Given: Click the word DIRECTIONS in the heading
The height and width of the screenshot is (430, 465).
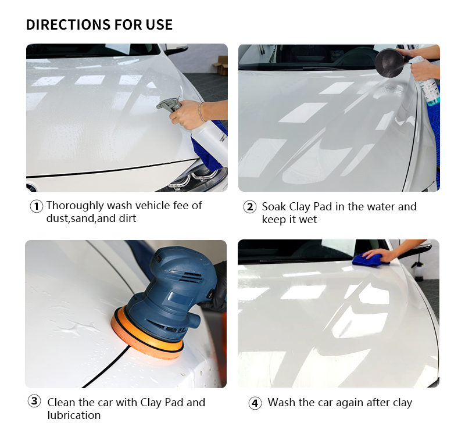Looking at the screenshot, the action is tap(68, 24).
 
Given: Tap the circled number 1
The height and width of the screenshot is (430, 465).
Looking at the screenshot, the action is tap(36, 206).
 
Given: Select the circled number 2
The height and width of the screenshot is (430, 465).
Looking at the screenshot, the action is tap(250, 207).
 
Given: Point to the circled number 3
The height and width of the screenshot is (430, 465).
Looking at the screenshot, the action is tap(34, 401).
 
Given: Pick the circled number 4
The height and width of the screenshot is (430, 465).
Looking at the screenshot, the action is tap(255, 403).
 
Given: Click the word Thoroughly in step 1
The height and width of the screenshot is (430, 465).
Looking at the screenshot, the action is tap(75, 206).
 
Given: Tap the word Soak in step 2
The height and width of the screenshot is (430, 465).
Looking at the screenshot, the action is tap(274, 207).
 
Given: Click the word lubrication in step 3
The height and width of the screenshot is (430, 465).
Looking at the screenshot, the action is tap(74, 415).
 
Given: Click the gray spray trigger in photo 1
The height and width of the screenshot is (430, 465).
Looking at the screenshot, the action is tap(169, 105).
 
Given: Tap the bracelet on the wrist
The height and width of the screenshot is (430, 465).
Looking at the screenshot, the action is tap(201, 112).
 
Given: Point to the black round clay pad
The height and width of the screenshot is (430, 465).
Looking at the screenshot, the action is tap(389, 63).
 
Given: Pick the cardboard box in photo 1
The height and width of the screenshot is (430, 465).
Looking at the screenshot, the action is tap(220, 65).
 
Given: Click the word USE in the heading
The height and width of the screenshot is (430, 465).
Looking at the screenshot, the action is tap(159, 24).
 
